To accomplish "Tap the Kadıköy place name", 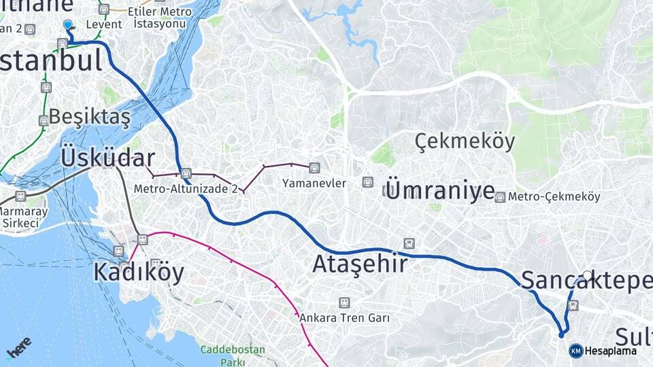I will (139, 272).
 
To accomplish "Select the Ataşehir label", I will (360, 263).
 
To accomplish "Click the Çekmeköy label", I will (465, 141).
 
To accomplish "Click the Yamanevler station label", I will (314, 183).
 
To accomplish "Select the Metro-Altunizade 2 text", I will (185, 189).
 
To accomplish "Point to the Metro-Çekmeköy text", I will (554, 196).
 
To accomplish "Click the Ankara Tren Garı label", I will (344, 317).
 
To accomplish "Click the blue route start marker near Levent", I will (67, 24).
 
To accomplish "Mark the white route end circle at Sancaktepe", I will (588, 275).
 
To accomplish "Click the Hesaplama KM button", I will (604, 351).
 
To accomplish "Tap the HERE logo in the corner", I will (18, 347).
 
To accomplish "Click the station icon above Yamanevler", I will (314, 167).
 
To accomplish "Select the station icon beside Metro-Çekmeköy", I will (500, 197).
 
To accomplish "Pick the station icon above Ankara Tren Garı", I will (344, 302).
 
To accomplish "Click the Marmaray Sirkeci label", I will (23, 217).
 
